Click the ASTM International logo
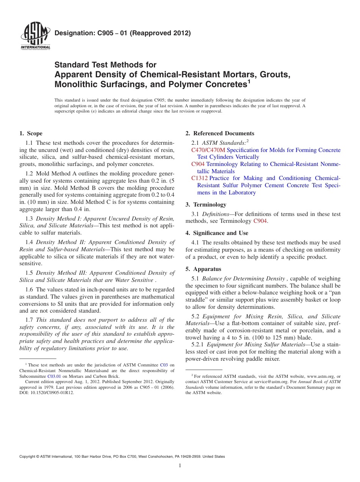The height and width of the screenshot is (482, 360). click(x=35, y=36)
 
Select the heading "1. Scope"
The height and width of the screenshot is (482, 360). click(x=31, y=133)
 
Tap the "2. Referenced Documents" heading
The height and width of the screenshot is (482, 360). click(x=220, y=133)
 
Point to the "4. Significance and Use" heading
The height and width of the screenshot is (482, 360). click(x=217, y=233)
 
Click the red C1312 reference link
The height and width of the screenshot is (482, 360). click(x=199, y=178)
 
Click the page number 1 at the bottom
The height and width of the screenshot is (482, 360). click(x=180, y=465)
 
